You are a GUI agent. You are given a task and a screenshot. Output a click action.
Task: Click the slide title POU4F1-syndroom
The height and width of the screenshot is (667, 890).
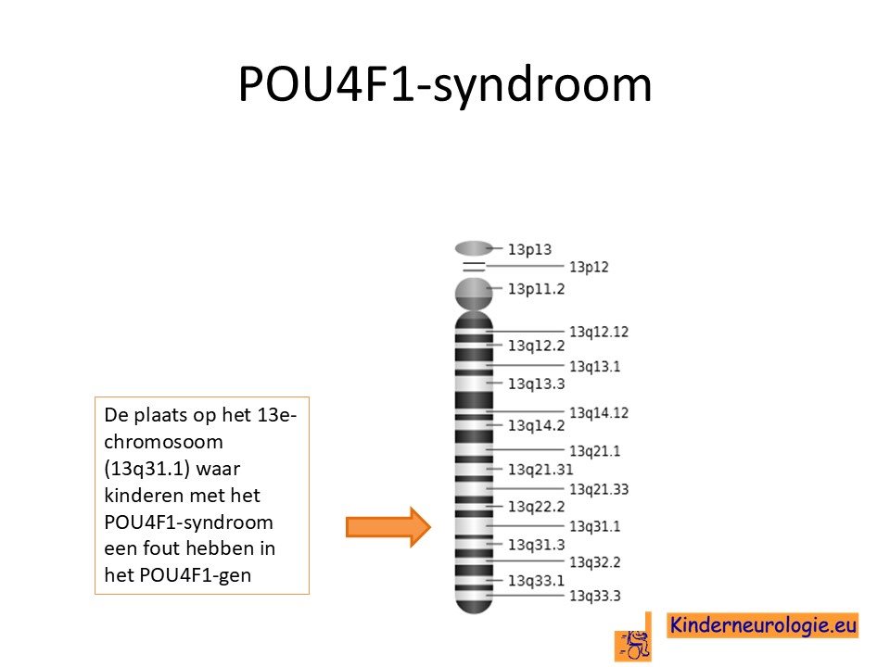(x=445, y=85)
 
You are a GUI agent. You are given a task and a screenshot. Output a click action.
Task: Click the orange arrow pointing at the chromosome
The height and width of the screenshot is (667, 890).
(x=388, y=527)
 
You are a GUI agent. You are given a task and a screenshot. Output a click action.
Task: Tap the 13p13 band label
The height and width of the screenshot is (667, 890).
(x=529, y=249)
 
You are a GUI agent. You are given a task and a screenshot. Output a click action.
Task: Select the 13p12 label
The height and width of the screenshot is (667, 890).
(x=590, y=267)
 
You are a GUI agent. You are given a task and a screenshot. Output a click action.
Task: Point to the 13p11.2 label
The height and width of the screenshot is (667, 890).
(x=537, y=289)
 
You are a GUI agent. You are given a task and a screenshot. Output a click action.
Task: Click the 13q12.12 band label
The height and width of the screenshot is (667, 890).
(x=599, y=332)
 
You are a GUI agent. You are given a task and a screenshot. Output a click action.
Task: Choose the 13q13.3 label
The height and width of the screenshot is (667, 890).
(x=537, y=384)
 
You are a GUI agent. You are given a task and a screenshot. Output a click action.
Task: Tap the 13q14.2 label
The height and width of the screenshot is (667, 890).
(x=537, y=425)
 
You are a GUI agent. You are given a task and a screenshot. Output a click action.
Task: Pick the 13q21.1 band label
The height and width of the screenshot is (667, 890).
(x=595, y=451)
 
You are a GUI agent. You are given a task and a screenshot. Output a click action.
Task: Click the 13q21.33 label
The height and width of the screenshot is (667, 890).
(x=599, y=489)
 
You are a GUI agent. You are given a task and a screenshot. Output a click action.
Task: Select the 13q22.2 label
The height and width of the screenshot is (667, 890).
(x=537, y=506)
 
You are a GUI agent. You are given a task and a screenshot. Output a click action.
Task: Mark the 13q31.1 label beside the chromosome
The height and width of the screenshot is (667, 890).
(x=595, y=526)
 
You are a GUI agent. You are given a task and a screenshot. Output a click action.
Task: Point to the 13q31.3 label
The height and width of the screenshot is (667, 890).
(x=537, y=545)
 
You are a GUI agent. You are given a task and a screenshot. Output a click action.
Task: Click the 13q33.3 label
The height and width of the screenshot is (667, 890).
(x=595, y=596)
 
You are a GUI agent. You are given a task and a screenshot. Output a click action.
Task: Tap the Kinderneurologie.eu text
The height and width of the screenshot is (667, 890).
(x=763, y=625)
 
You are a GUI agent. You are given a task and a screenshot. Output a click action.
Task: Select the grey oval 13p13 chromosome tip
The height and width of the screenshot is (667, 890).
(x=474, y=248)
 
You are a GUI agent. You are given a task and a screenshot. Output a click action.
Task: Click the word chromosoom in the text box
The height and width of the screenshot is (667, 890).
(x=163, y=442)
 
